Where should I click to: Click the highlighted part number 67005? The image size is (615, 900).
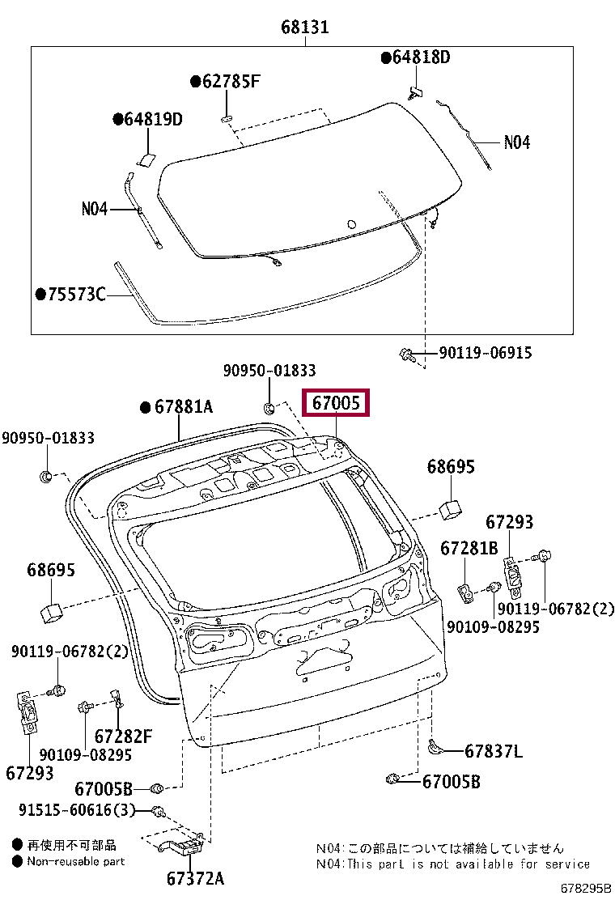[336, 402]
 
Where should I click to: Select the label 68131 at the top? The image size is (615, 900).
[305, 27]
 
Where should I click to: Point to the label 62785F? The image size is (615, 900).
[231, 81]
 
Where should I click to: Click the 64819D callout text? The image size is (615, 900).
[152, 120]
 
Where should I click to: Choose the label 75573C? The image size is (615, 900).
[76, 294]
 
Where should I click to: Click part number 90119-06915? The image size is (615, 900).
[486, 353]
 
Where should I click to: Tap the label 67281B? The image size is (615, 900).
[469, 549]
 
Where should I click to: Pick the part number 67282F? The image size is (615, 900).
[123, 737]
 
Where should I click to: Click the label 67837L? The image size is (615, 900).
[494, 751]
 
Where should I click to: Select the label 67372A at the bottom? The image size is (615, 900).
[195, 878]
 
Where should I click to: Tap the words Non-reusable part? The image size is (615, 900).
[76, 861]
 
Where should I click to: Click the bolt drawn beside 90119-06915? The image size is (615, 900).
[408, 354]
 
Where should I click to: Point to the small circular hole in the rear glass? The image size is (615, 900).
[350, 224]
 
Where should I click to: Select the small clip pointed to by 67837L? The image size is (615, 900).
[435, 747]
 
